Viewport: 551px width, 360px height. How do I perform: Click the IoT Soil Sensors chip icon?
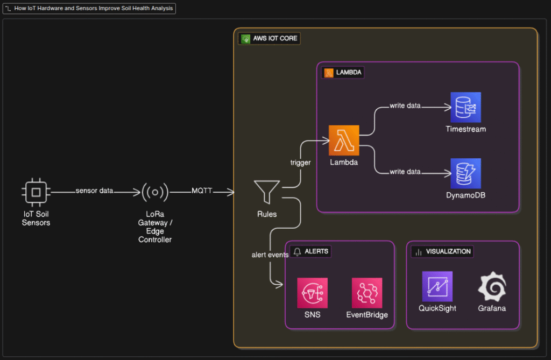pos(36,192)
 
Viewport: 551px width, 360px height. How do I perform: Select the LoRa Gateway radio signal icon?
pos(155,192)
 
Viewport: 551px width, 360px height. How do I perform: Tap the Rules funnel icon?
pos(266,192)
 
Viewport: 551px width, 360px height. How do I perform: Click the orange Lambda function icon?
pos(344,140)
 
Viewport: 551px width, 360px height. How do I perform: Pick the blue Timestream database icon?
pos(465,107)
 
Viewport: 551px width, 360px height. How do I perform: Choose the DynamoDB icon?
pos(465,173)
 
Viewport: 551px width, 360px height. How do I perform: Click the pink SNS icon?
pos(312,293)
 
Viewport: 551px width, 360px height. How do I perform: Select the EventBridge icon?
pos(367,293)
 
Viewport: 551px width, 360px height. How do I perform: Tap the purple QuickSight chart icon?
pos(437,286)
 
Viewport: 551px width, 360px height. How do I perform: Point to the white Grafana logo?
pos(492,286)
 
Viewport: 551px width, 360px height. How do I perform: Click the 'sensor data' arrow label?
pos(94,190)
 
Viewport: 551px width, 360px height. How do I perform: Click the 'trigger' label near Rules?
pos(300,163)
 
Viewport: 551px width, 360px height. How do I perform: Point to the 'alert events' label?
pos(270,255)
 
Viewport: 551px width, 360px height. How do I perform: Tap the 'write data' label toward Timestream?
pos(405,105)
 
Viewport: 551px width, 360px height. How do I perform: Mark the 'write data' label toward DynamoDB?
pos(405,172)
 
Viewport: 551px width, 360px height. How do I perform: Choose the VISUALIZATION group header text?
pos(448,251)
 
